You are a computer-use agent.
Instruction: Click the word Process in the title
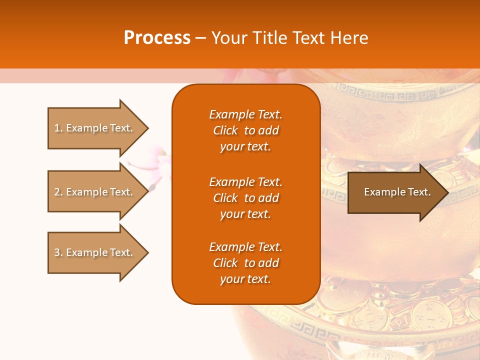(x=157, y=38)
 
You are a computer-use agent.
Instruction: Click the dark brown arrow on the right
(x=395, y=192)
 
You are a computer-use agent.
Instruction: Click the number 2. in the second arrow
(x=58, y=192)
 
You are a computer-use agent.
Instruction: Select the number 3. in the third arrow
(x=58, y=252)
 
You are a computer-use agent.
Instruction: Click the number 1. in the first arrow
(x=58, y=128)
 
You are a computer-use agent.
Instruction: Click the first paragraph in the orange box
(x=245, y=130)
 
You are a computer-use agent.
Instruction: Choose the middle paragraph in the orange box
(x=245, y=198)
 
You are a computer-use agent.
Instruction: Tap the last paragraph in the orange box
(x=245, y=263)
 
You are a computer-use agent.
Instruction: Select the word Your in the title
(x=229, y=38)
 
